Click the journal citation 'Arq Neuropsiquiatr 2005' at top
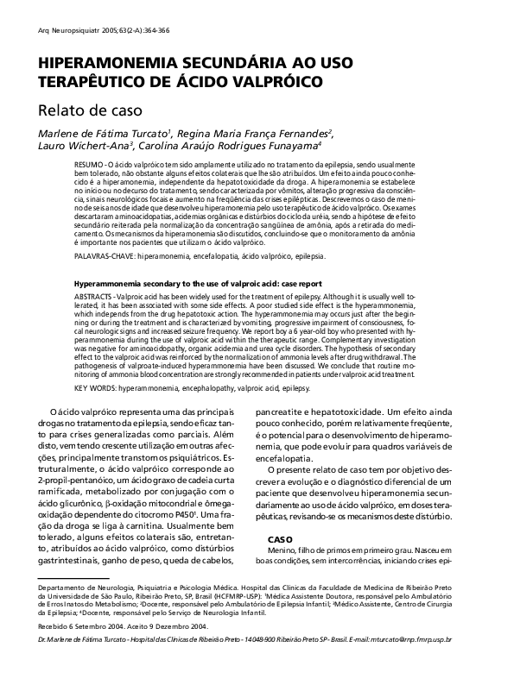coord(78,30)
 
